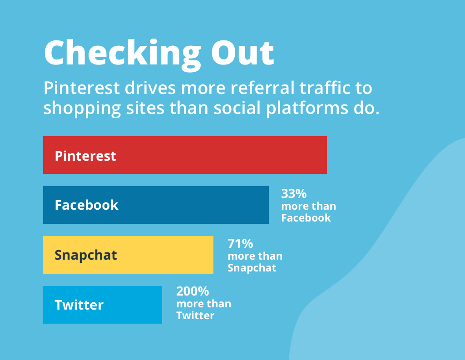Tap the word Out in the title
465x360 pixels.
(242, 52)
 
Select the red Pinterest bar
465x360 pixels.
(185, 155)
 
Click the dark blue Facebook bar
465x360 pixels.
(156, 205)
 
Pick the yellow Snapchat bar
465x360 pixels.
(128, 255)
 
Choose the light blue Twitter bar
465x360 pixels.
(103, 305)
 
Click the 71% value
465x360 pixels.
(240, 243)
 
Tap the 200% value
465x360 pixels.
(193, 291)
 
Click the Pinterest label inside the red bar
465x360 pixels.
(85, 156)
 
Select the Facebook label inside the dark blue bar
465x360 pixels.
(87, 205)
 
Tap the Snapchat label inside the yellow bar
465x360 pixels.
(86, 256)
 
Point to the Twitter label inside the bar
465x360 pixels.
(79, 305)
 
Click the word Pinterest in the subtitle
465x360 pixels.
(82, 88)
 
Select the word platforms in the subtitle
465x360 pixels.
(307, 108)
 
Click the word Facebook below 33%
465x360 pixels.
(306, 218)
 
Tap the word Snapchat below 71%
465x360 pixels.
(252, 268)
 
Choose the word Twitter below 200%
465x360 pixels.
(195, 316)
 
